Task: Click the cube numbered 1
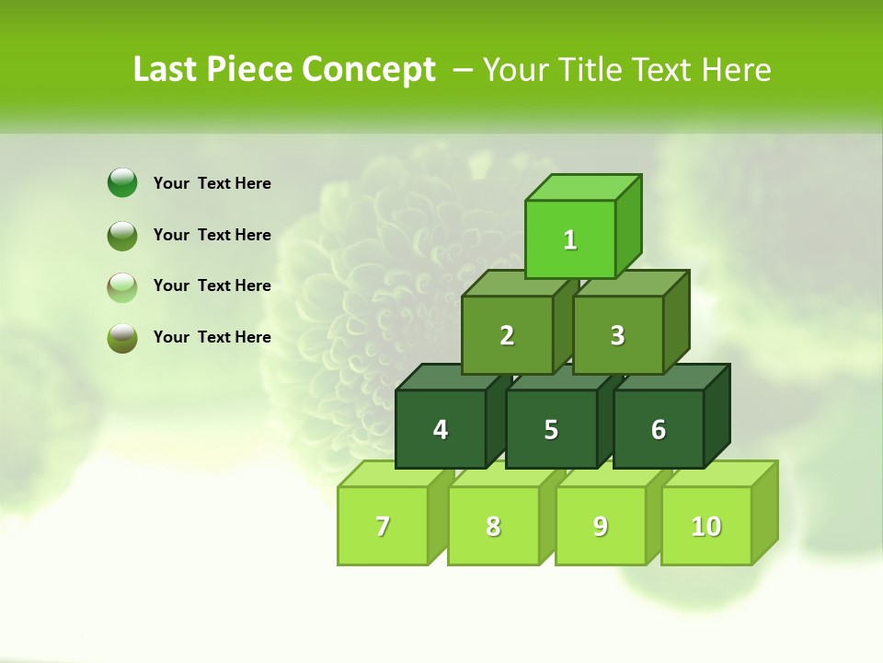pos(569,239)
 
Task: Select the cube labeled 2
pos(507,335)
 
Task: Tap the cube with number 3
pos(617,335)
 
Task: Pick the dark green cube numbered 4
pos(441,429)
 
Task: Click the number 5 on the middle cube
pos(551,429)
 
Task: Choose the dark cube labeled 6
pos(658,429)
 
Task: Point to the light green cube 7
pos(383,526)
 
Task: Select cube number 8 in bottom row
pos(493,526)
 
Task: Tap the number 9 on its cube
pos(600,526)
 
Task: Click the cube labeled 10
pos(705,526)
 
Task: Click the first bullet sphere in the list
pos(122,183)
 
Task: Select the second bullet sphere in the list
pos(122,235)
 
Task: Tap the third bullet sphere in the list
pos(122,286)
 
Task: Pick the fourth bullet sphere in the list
pos(122,337)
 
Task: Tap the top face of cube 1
pos(582,187)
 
